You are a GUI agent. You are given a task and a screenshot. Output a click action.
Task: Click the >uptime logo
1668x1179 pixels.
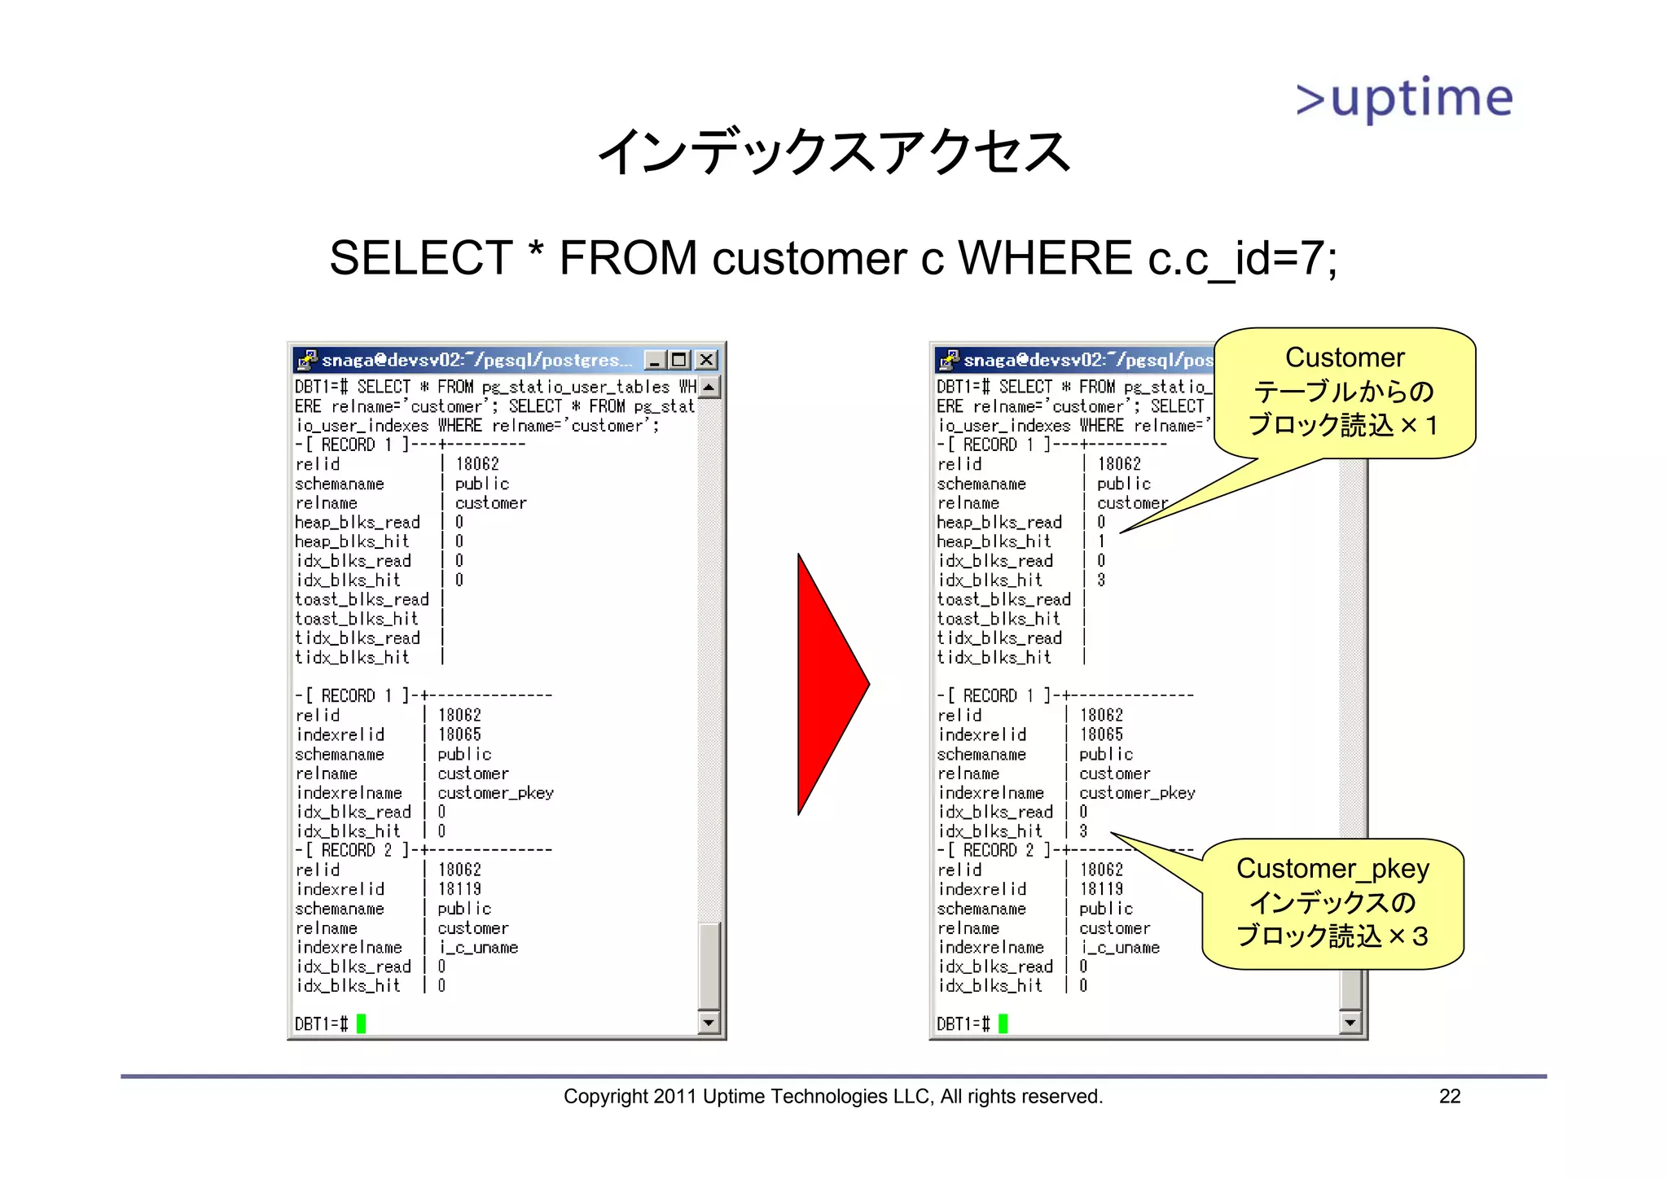(x=1404, y=99)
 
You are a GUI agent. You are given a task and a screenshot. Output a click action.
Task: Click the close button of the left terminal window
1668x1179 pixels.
(x=707, y=360)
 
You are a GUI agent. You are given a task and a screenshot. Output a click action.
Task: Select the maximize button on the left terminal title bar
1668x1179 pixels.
(x=680, y=360)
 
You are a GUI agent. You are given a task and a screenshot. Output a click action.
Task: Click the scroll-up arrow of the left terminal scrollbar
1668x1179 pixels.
(x=709, y=388)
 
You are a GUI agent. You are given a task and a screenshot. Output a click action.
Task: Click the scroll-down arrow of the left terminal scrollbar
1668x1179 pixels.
(x=709, y=1023)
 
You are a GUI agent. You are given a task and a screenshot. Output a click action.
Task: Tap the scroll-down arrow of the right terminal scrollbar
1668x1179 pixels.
(x=1351, y=1023)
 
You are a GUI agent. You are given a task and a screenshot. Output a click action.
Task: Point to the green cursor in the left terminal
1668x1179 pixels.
(x=361, y=1023)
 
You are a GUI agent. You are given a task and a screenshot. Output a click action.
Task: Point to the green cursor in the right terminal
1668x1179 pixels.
(x=1003, y=1023)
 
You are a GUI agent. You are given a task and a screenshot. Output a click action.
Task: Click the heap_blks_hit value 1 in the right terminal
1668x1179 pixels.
(x=1101, y=541)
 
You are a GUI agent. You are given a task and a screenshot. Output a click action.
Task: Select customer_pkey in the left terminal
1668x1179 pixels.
(x=495, y=793)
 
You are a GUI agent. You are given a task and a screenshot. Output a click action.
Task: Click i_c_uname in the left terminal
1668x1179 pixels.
(x=478, y=948)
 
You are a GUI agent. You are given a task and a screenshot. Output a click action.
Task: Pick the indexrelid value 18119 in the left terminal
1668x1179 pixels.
(x=459, y=889)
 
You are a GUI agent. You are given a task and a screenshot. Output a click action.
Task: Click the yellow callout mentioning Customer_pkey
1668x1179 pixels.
(x=1332, y=903)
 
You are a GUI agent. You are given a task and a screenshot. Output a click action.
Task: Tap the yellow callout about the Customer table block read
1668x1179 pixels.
(x=1344, y=392)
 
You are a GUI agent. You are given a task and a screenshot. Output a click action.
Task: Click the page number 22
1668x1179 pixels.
(x=1450, y=1097)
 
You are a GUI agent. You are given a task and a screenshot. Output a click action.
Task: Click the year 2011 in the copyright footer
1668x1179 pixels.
(x=674, y=1097)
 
